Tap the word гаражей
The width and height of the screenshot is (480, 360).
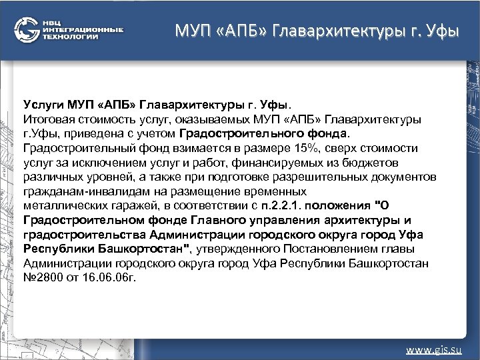point(131,206)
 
